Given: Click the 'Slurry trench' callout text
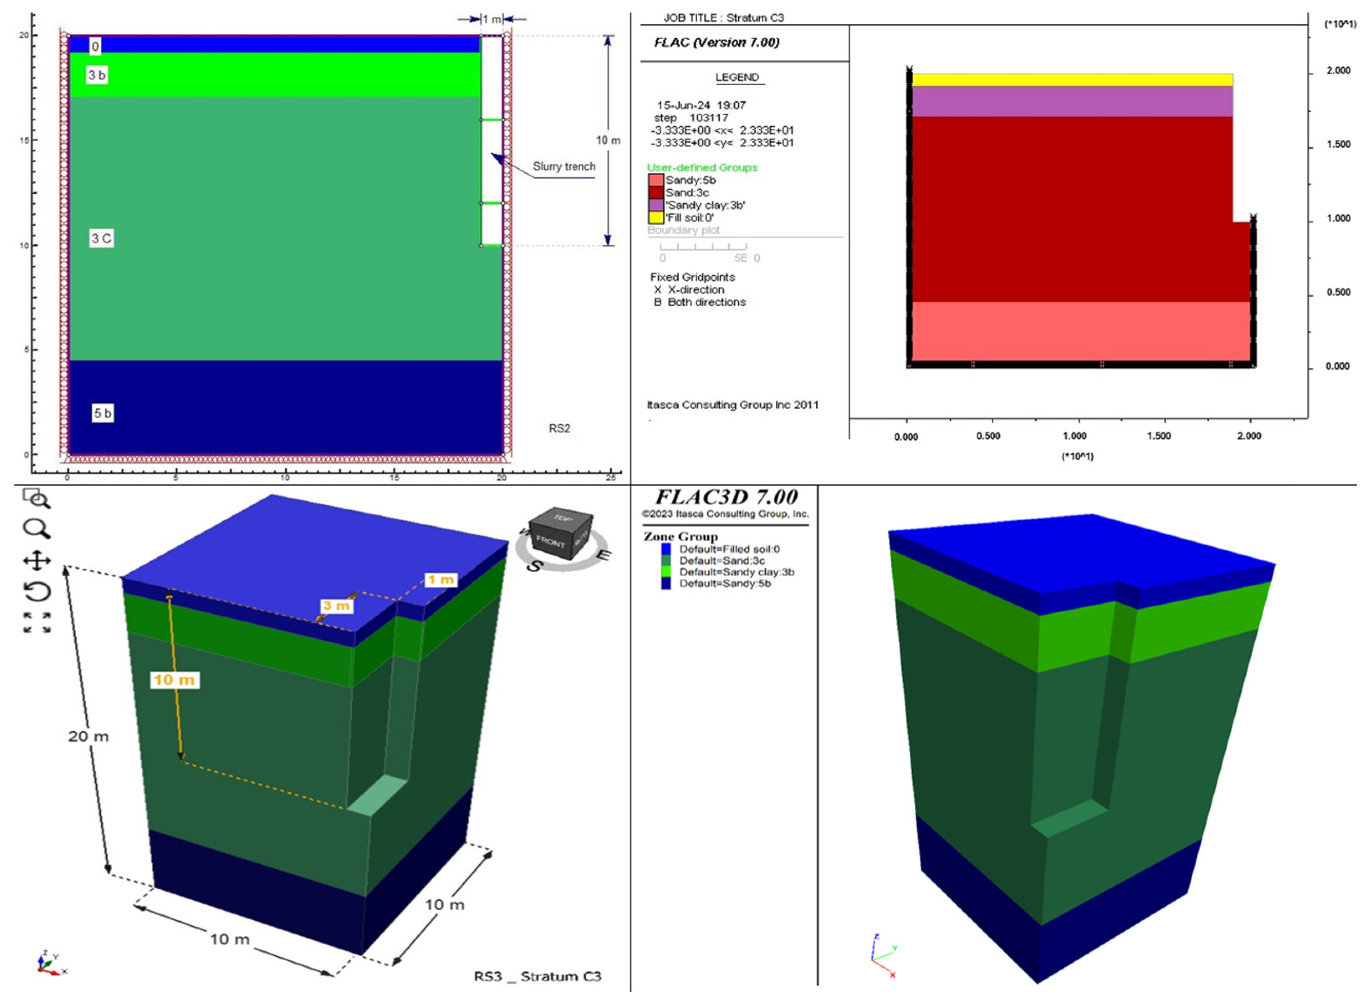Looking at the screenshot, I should coord(564,166).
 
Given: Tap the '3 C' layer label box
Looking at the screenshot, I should coord(102,239).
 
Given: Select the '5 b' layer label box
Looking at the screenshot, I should coord(102,413).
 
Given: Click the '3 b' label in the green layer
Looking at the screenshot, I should coord(97,75).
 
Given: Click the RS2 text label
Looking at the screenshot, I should coord(559,429).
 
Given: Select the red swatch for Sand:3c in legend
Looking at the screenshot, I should coord(656,193).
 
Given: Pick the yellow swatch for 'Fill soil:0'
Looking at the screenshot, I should coord(656,217).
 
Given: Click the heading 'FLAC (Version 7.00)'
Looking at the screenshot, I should coord(717,43).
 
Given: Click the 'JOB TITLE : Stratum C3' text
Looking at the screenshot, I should coord(723,18).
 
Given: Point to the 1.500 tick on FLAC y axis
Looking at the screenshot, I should coord(1338,145).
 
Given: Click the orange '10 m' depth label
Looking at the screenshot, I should coord(174,680).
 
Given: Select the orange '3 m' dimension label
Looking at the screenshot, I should coord(336,605).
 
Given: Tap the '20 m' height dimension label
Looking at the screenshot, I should coord(88,736).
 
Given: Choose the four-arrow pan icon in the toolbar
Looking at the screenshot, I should coord(36,560).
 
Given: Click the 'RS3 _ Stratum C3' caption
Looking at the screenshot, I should coord(538,976).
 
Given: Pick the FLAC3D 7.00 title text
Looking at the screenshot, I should coord(726,497).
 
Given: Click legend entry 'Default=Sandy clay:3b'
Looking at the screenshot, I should coord(736,572).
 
